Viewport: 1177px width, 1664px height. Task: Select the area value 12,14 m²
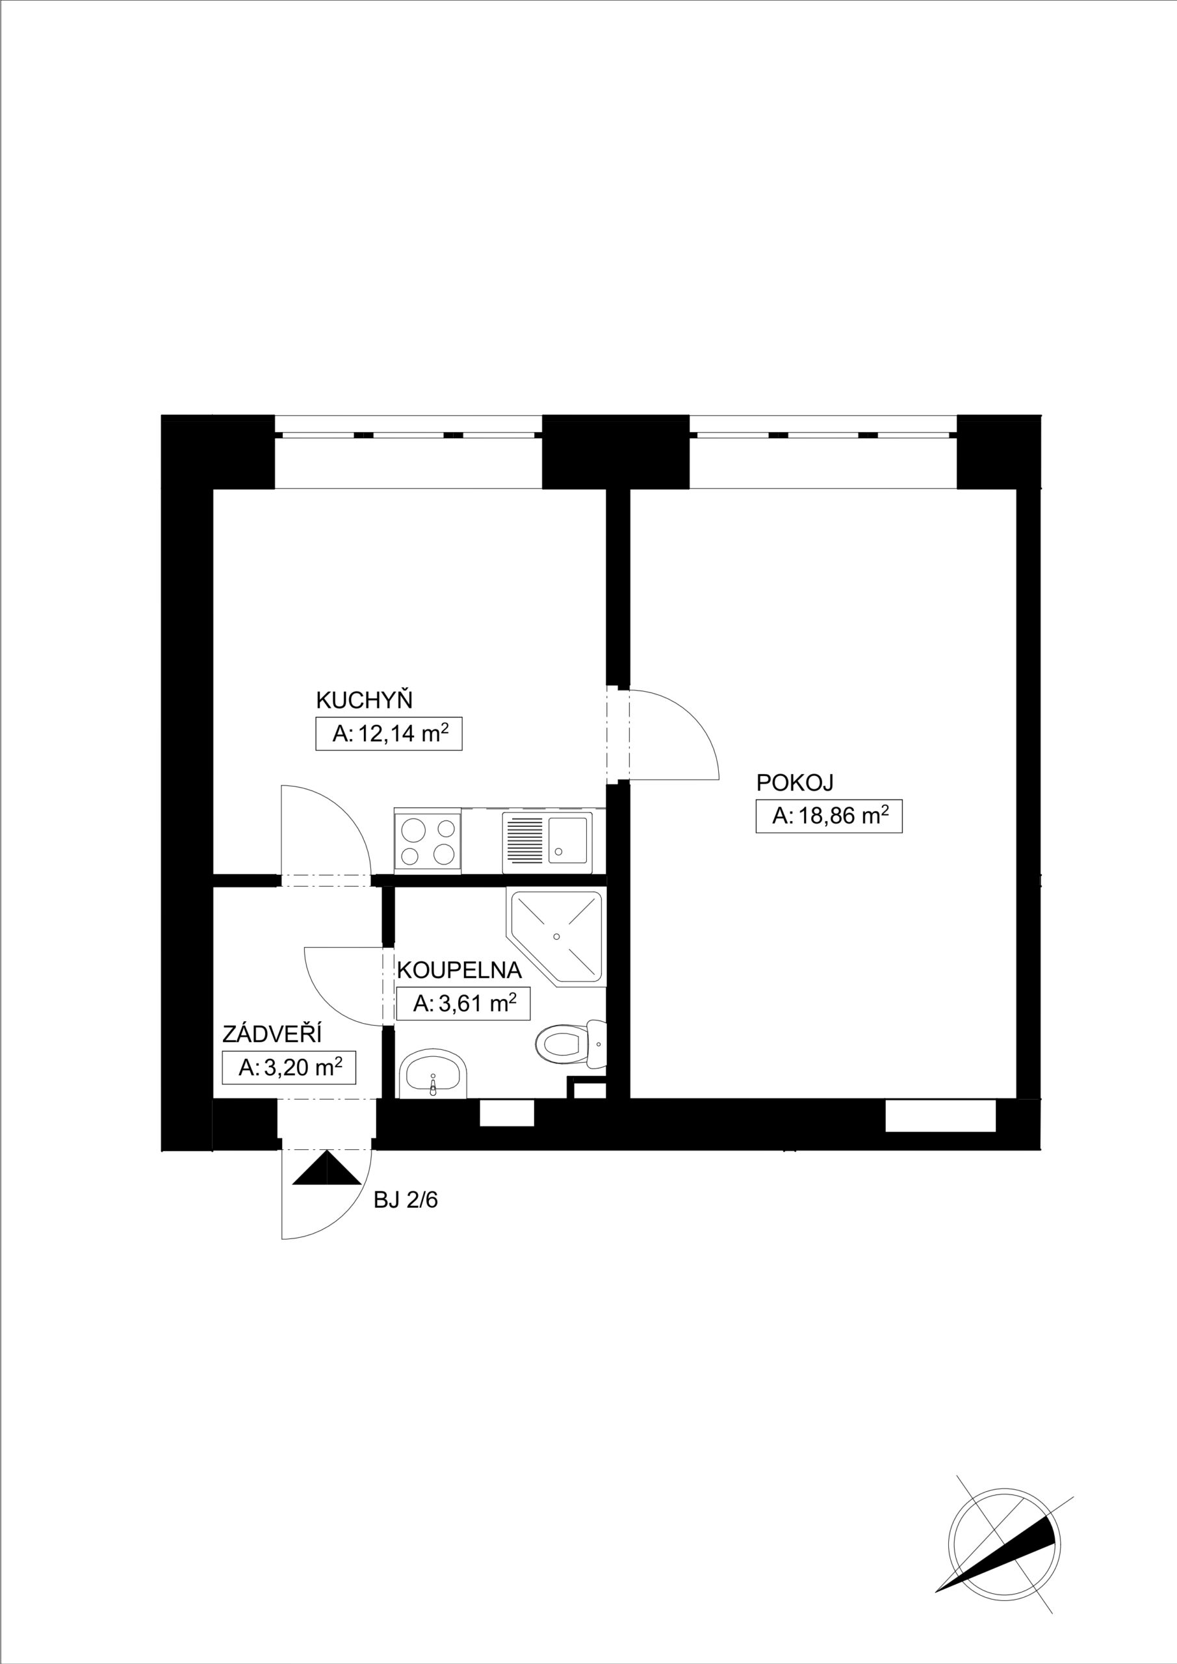coord(389,733)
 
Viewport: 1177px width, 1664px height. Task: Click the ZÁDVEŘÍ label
coord(272,1033)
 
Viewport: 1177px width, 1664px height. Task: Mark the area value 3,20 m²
coord(289,1067)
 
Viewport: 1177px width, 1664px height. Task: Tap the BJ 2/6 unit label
coord(406,1201)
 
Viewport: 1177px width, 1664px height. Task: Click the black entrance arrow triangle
coord(327,1167)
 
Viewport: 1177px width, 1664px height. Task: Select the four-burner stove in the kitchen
coord(428,839)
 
